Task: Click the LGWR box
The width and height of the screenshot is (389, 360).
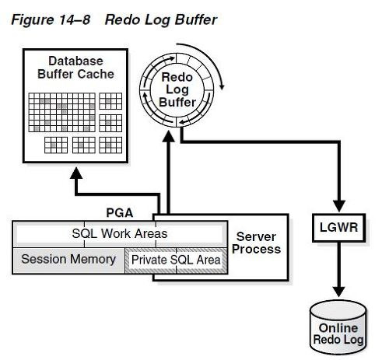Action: coord(338,228)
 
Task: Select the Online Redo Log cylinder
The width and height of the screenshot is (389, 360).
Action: coord(338,327)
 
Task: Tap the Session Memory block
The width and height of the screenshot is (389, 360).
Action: coord(68,260)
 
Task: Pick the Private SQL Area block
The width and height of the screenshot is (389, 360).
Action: coord(176,260)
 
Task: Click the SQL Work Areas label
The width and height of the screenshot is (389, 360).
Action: coord(120,233)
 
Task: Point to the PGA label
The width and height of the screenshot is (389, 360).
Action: coord(120,213)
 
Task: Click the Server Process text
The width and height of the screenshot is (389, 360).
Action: coord(256,243)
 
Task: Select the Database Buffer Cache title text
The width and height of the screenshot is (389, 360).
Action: coord(75,68)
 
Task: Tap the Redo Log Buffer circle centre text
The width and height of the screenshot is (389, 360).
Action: coord(177,89)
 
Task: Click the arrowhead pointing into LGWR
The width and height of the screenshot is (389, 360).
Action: coord(339,206)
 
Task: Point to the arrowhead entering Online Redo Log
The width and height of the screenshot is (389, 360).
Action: coord(338,292)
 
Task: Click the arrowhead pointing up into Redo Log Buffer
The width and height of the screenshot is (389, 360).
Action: coord(169,136)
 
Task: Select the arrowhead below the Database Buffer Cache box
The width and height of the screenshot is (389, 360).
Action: coord(76,173)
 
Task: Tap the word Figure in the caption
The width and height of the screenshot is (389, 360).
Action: coord(32,20)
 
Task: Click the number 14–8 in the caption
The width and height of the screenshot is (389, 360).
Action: coord(75,19)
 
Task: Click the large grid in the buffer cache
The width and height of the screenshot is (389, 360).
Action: coord(62,112)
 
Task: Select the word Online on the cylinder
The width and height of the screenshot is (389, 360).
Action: coord(338,328)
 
